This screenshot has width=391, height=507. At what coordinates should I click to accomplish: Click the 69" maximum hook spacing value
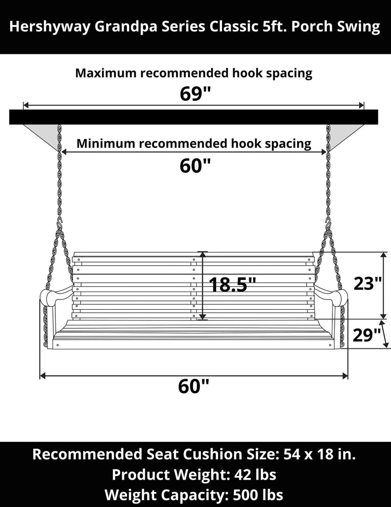coord(195,94)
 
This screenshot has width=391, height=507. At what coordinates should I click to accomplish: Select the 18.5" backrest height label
coord(232,284)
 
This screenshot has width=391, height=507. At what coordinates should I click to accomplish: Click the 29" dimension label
coord(367,335)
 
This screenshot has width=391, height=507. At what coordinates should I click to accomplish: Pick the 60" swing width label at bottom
coord(194,387)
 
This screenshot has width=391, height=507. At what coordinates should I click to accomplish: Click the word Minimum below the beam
coord(106,144)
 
